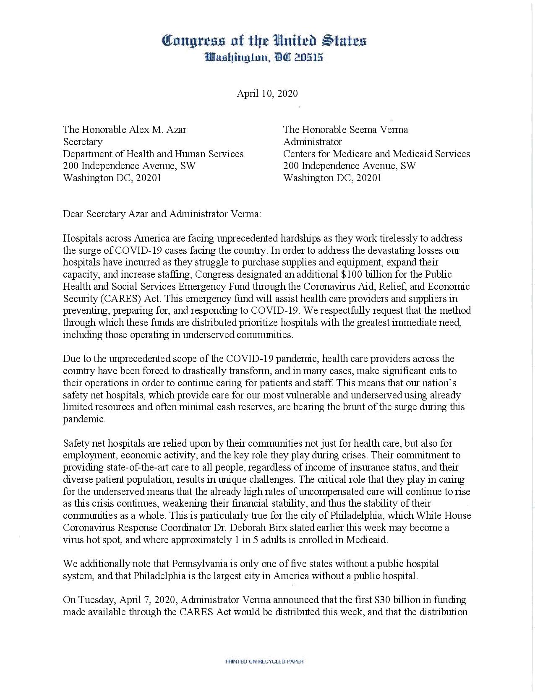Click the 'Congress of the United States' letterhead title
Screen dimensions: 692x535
264,41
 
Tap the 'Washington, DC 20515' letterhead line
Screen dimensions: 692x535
264,57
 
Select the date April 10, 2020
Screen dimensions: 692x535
267,93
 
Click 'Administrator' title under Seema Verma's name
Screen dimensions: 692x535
312,142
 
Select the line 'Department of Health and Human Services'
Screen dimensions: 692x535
153,154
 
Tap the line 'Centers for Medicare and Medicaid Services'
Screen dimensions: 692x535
376,154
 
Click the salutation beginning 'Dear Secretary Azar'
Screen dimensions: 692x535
162,214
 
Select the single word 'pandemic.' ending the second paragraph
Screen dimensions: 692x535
84,419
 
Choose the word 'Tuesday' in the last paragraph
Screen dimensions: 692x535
97,600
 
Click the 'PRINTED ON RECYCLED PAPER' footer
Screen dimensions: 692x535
264,661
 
